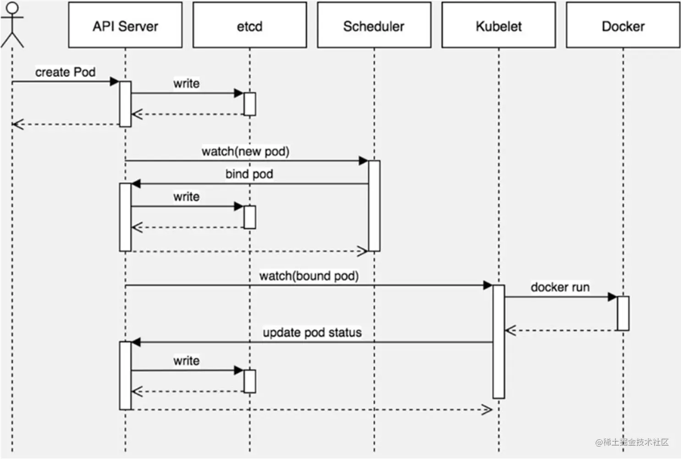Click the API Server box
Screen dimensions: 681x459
coord(125,25)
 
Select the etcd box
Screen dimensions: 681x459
coord(249,25)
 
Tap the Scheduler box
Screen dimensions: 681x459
coord(374,25)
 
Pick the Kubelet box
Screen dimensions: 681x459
coord(498,25)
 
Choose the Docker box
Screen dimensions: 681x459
coord(623,25)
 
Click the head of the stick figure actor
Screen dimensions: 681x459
coord(12,8)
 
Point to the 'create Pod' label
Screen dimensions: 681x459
coord(66,72)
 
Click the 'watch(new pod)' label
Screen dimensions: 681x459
coord(245,151)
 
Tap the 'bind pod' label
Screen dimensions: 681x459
coord(249,174)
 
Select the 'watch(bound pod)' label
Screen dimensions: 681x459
coord(309,276)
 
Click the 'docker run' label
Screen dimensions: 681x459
coord(560,287)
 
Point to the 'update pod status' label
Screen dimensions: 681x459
coord(312,332)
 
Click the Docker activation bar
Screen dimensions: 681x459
coord(623,313)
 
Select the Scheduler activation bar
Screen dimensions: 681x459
coord(374,206)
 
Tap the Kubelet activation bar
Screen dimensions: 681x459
coord(498,341)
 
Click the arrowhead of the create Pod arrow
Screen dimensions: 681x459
coord(115,82)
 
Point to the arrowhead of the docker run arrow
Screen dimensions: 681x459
coord(613,297)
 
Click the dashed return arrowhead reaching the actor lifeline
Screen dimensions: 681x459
coord(17,124)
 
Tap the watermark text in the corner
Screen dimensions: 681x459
coord(632,442)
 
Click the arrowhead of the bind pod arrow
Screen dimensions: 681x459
coord(136,184)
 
